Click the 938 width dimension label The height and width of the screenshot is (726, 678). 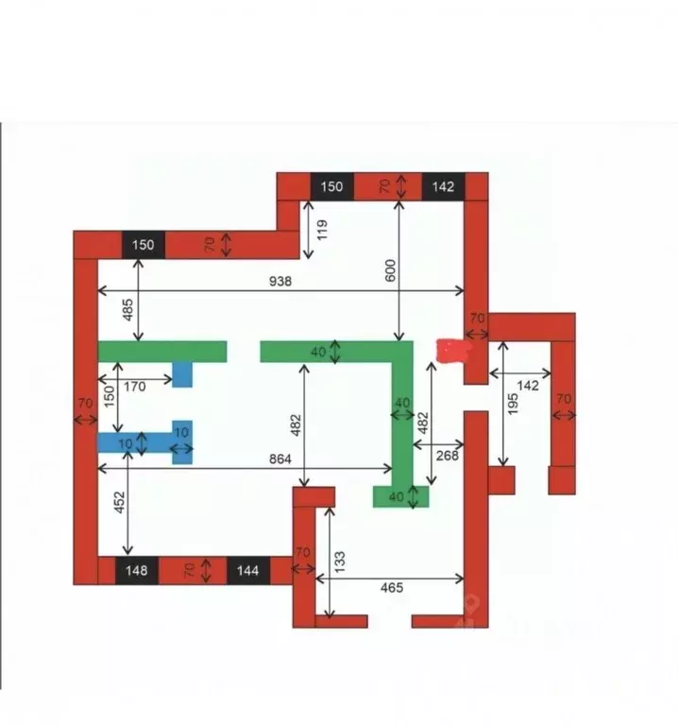click(280, 281)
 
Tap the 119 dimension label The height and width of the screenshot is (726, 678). click(322, 230)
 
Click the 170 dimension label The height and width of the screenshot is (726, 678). click(134, 386)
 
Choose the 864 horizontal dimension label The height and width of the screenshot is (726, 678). click(280, 458)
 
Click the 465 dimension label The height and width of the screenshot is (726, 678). click(391, 588)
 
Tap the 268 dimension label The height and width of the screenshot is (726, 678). click(447, 456)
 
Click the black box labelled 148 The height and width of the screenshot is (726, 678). click(137, 571)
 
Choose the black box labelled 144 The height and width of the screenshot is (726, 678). click(248, 571)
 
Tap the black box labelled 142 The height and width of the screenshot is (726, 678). click(443, 186)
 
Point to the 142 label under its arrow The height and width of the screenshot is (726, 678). click(528, 386)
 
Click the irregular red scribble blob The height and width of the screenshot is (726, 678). click(453, 352)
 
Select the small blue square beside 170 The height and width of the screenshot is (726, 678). click(182, 375)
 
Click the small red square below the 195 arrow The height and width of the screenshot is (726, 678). click(501, 479)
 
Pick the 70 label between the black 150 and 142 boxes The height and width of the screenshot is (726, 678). click(386, 186)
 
